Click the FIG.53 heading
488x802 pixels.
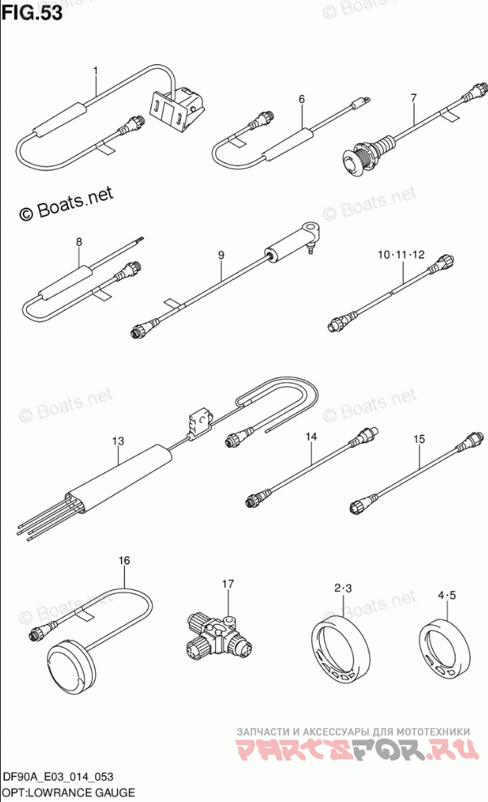(x=32, y=12)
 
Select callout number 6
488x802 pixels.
(x=302, y=99)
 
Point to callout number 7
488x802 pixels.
(x=413, y=97)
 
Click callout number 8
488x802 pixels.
(x=80, y=242)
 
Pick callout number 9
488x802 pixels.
(x=221, y=255)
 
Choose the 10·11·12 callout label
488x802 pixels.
(x=401, y=254)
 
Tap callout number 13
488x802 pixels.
(x=119, y=441)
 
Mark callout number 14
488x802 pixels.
(x=311, y=436)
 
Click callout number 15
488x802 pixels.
(x=419, y=439)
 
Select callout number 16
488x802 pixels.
(x=124, y=561)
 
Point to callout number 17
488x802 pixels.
(x=227, y=584)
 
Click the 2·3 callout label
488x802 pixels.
(x=343, y=589)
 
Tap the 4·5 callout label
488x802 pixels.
(x=447, y=595)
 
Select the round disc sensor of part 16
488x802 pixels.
(x=71, y=662)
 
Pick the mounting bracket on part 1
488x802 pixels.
(x=174, y=106)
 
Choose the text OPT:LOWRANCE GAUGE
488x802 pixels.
(x=68, y=793)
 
